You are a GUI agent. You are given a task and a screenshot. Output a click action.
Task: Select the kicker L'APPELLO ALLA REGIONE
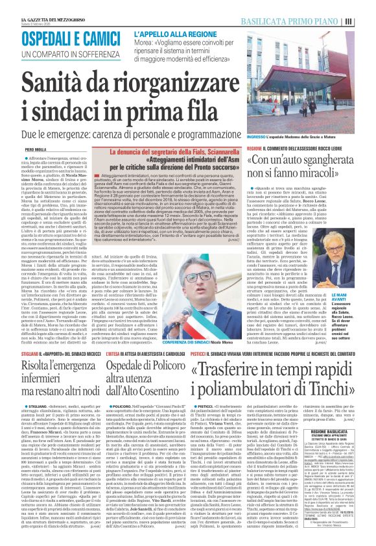pyautogui.click(x=176, y=33)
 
